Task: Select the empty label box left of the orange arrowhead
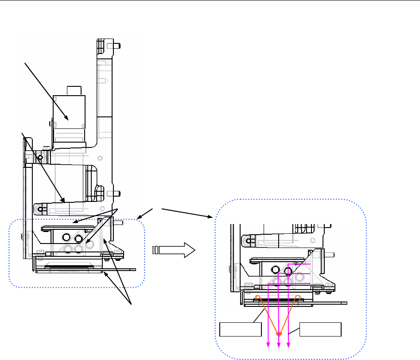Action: (241, 330)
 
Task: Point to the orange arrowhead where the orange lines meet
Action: (279, 333)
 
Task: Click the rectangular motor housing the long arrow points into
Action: (69, 118)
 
